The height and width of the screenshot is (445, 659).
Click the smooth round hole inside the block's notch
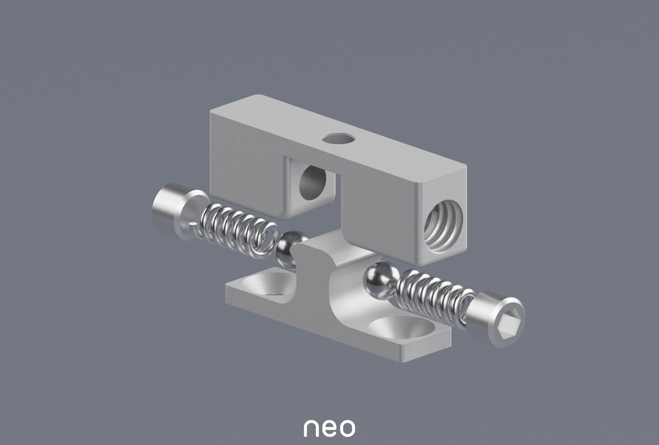click(x=313, y=185)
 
